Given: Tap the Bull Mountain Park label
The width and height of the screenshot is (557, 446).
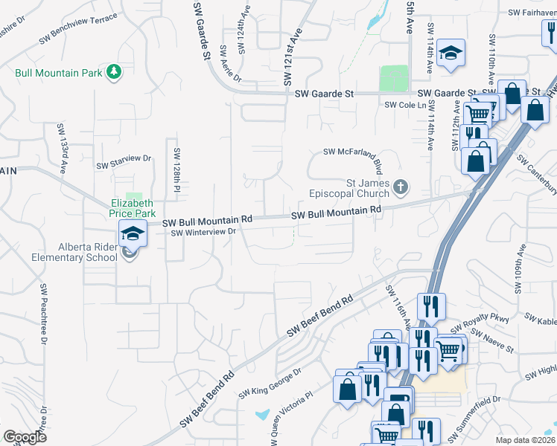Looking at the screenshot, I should [60, 74].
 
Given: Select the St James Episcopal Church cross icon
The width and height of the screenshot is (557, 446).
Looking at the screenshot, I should [401, 187].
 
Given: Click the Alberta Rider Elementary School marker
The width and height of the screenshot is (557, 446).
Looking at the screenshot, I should [132, 236].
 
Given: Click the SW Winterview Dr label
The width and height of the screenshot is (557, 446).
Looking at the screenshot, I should [203, 233].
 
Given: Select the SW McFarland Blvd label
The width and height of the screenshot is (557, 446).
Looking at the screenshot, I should [357, 152].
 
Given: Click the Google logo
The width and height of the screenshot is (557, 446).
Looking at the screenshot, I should [25, 437].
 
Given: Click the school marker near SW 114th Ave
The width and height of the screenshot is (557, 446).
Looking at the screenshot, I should [451, 54].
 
